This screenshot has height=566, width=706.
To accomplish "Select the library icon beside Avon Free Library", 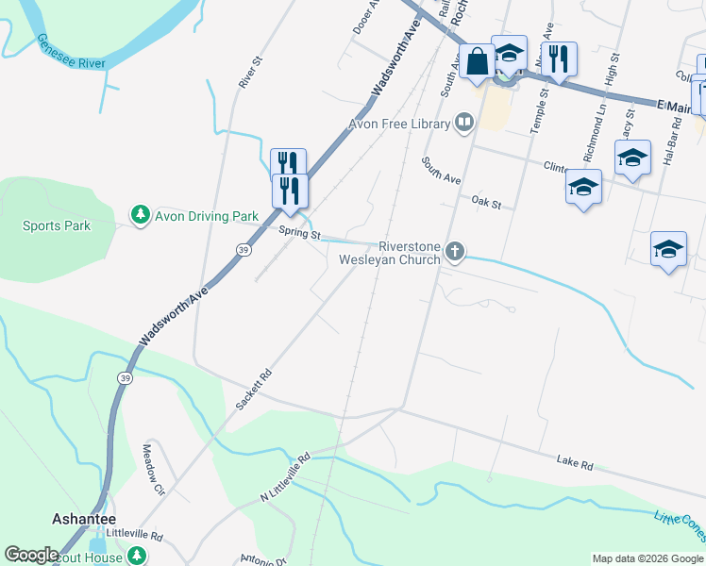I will pos(463,122).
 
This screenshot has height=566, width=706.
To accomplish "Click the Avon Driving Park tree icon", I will pos(141,216).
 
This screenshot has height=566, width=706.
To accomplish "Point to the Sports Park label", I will pos(57,226).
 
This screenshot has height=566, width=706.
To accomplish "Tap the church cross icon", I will pos(455,251).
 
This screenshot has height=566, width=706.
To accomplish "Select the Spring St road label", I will pos(300,232).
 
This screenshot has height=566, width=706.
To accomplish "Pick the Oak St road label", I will pos(485,203).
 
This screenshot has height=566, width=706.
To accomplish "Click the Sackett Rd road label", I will pos(254,388).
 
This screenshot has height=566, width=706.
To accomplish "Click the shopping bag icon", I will pos(478,60).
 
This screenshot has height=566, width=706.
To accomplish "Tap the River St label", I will pos(249,73).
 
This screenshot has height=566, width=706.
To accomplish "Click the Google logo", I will pos(31,555).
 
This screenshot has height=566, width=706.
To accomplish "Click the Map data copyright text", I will pos(647,558).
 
